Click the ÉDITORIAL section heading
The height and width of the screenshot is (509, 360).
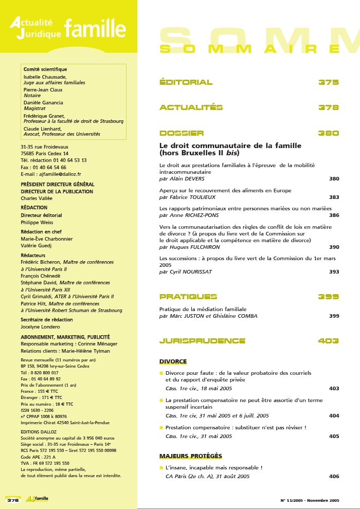[x=186, y=82]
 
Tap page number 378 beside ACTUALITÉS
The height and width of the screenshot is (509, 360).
[x=328, y=107]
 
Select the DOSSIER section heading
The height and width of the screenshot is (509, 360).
[x=182, y=133]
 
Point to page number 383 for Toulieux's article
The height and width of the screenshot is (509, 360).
[x=333, y=197]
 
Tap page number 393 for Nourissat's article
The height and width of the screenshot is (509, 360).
[x=333, y=271]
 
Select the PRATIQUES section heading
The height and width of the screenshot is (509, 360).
[x=188, y=297]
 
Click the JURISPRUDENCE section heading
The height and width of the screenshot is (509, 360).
[x=202, y=341]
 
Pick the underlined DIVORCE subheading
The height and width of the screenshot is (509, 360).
[x=173, y=361]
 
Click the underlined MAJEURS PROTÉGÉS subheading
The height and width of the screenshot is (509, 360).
[x=190, y=456]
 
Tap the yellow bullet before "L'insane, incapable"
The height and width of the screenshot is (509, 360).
[x=161, y=468]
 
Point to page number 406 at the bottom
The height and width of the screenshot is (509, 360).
[x=334, y=477]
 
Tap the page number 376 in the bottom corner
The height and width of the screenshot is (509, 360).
[x=13, y=499]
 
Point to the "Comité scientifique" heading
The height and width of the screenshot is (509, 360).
[x=45, y=69]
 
